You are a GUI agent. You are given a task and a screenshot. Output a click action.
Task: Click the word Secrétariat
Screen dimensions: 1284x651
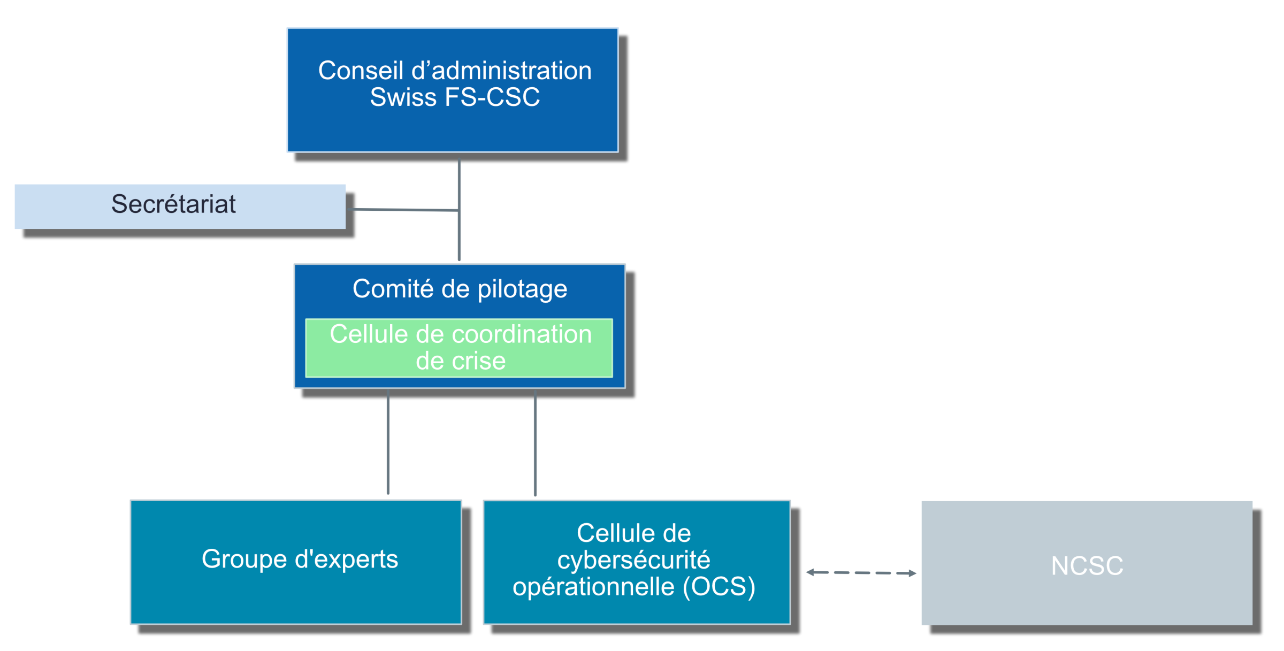[173, 204]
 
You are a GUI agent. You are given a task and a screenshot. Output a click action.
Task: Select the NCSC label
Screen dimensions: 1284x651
[1087, 565]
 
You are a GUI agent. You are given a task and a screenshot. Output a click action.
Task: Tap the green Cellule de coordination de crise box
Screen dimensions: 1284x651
[459, 348]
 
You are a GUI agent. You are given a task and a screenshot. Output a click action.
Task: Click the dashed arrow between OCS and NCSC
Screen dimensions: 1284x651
[861, 572]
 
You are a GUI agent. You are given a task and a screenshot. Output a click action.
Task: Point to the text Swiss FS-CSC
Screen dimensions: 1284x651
[455, 97]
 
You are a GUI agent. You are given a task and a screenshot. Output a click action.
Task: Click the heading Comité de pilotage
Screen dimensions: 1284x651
[460, 289]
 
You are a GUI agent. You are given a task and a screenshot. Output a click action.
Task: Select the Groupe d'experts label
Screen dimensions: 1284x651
[300, 559]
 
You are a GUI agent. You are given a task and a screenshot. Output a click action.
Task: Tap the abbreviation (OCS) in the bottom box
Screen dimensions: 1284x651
[719, 586]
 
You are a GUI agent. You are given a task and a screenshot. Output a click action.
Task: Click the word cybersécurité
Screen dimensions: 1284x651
[633, 560]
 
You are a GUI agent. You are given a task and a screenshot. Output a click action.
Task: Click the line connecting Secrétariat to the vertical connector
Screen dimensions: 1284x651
[405, 210]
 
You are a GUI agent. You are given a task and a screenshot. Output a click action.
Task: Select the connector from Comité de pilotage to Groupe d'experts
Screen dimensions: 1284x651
[388, 442]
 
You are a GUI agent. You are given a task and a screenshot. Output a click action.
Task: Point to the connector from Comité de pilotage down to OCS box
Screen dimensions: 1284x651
[535, 443]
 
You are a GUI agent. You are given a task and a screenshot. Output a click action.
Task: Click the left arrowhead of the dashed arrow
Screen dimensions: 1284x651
[811, 572]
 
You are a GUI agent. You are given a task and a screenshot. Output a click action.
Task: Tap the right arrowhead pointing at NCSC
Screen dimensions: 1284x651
[912, 573]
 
